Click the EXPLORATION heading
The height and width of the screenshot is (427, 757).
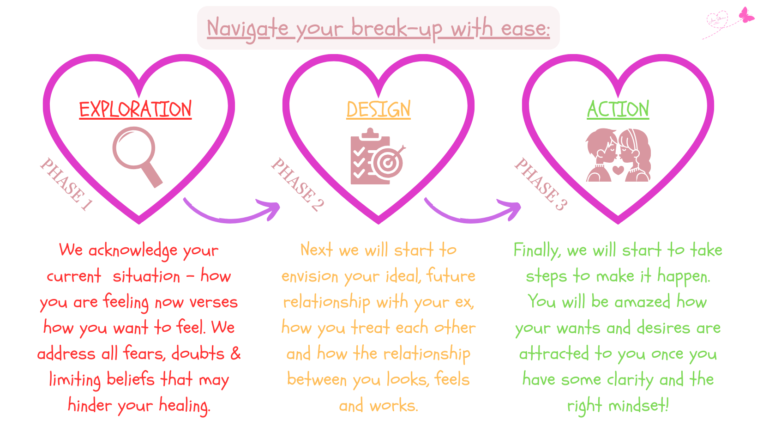[135, 109]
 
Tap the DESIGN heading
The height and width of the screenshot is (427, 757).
[378, 109]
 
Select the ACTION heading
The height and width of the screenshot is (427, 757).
[618, 109]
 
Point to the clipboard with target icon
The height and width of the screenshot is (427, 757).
[378, 156]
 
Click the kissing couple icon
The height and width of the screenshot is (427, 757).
[618, 155]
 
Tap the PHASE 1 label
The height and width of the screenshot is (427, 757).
[66, 184]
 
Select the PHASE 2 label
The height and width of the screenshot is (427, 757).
[297, 184]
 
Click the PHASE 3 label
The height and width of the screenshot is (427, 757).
[541, 184]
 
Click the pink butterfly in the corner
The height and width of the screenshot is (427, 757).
[746, 15]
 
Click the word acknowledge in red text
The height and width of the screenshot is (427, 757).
[133, 251]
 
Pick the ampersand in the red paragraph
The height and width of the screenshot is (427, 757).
[235, 353]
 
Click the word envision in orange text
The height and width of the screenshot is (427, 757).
[310, 276]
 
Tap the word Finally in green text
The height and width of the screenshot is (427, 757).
[537, 251]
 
